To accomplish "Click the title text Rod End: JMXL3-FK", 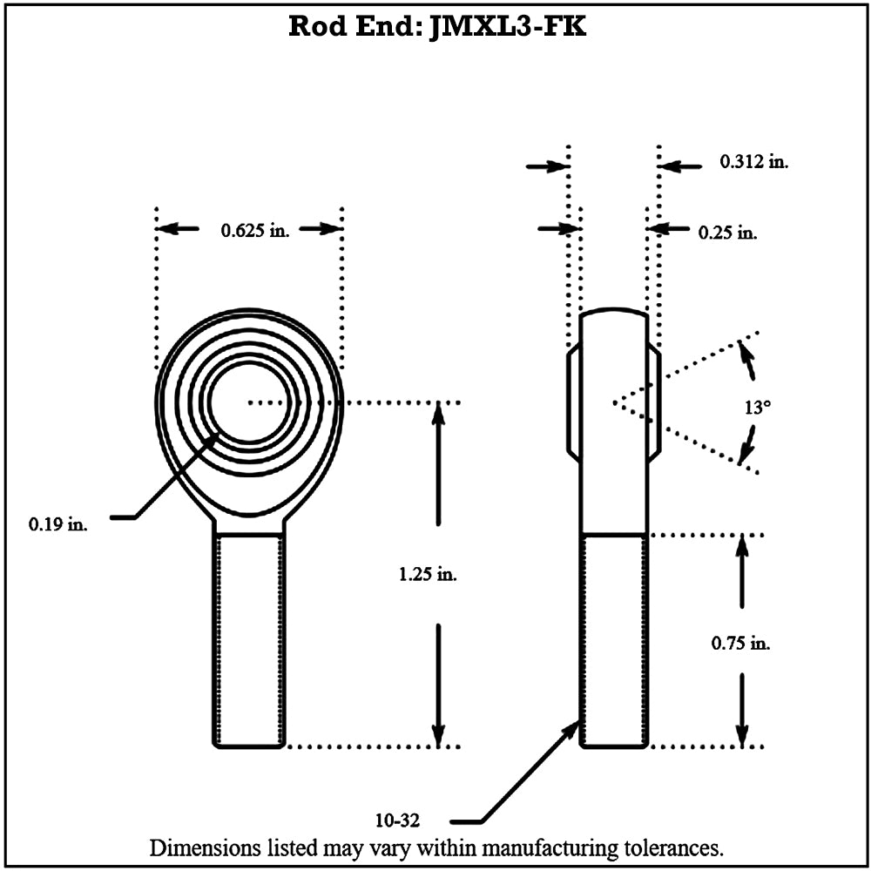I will click(x=437, y=26).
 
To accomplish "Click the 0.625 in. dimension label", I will click(x=254, y=230).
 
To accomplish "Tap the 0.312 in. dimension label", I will click(x=753, y=161).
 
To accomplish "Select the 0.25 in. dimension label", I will click(x=727, y=233).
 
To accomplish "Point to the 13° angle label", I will click(x=757, y=407).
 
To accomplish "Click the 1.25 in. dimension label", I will click(x=428, y=575).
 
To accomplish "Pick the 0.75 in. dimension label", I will click(x=741, y=645).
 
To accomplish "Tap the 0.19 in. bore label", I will click(x=58, y=524).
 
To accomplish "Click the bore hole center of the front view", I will click(x=249, y=402).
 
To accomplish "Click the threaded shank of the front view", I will click(x=249, y=640).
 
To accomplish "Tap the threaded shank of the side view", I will click(x=614, y=640).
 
